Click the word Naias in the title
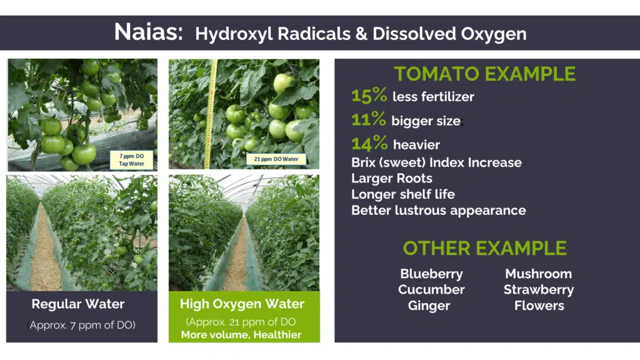(x=148, y=32)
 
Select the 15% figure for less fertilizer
(x=369, y=95)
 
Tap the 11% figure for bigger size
(x=369, y=119)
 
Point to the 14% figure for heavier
(x=369, y=143)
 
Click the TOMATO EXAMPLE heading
(x=484, y=74)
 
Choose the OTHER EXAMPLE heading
(x=484, y=248)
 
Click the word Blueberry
(x=431, y=274)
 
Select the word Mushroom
(x=538, y=274)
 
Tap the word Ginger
(x=429, y=306)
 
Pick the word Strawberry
(x=538, y=290)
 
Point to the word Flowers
(x=539, y=306)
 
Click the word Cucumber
(x=431, y=290)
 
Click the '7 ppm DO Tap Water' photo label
(x=131, y=159)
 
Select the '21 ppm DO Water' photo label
(x=276, y=159)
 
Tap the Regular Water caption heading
(x=78, y=304)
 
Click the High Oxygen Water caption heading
(x=242, y=304)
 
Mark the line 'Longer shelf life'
(x=403, y=194)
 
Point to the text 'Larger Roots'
(x=392, y=178)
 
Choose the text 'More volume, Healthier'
(x=241, y=335)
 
